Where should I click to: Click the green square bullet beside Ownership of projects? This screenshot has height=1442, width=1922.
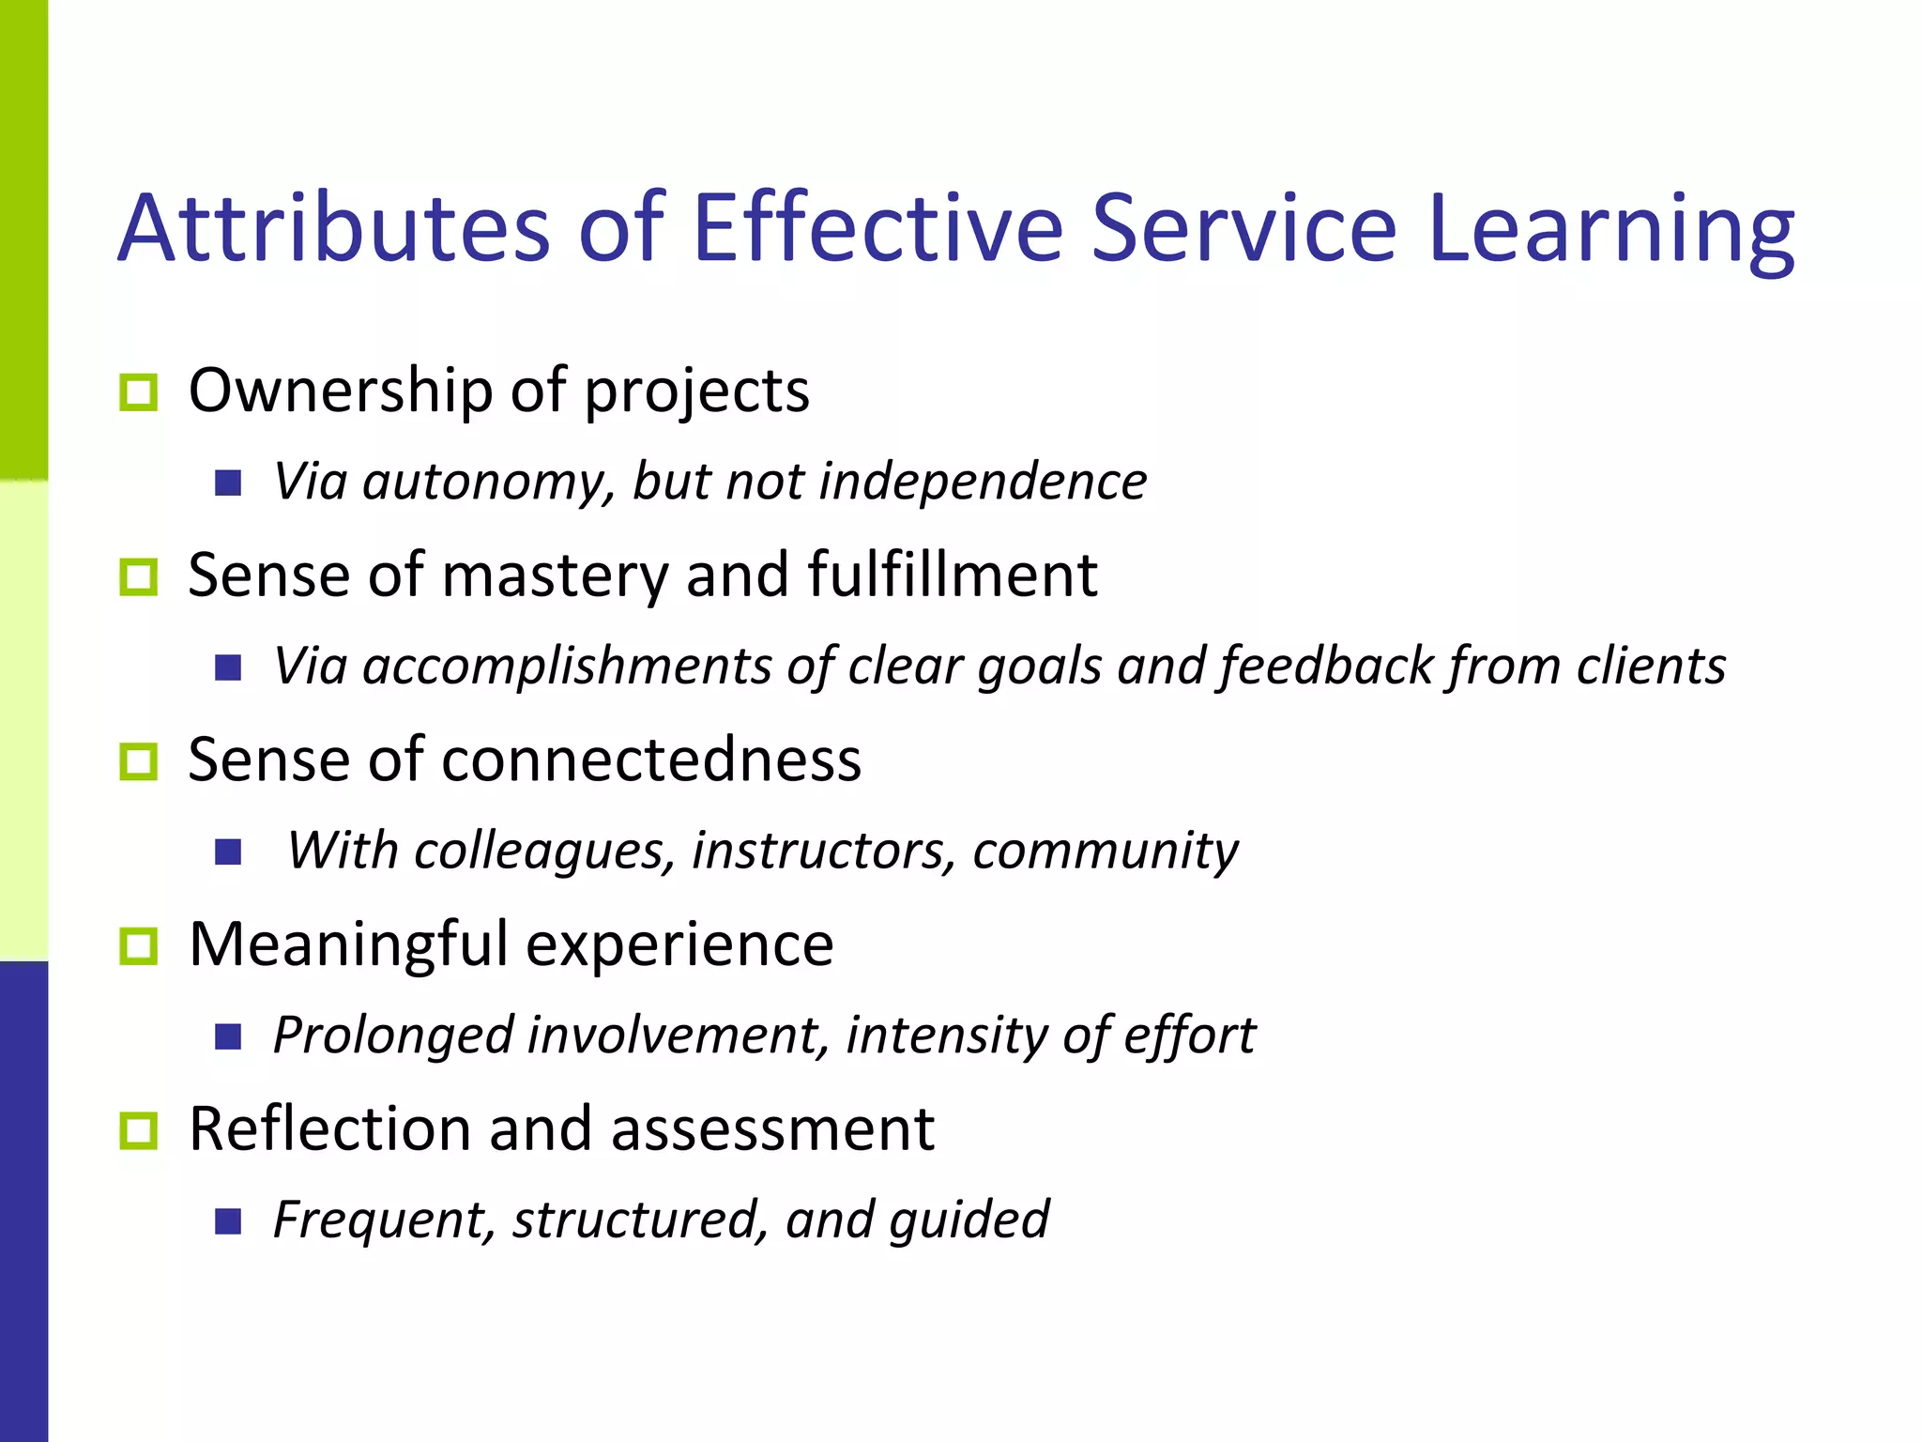tap(139, 391)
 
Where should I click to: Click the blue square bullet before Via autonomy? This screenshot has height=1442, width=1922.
tap(228, 483)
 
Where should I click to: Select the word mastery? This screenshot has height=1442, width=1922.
tap(555, 575)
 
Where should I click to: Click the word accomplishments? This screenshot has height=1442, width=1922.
tap(567, 667)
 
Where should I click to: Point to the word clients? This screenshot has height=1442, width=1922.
tap(1651, 667)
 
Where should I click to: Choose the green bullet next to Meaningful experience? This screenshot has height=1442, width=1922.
tap(139, 945)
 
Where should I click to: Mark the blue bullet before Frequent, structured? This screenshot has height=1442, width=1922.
tap(228, 1221)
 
